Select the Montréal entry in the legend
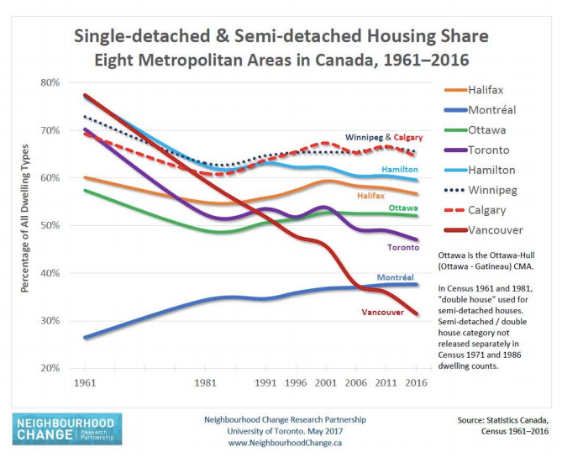490,110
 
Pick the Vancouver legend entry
493,229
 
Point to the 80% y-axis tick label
50,82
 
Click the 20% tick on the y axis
50,368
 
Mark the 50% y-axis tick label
50,225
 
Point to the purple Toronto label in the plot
402,248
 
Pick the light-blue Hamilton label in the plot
400,170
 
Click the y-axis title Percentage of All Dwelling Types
26,225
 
